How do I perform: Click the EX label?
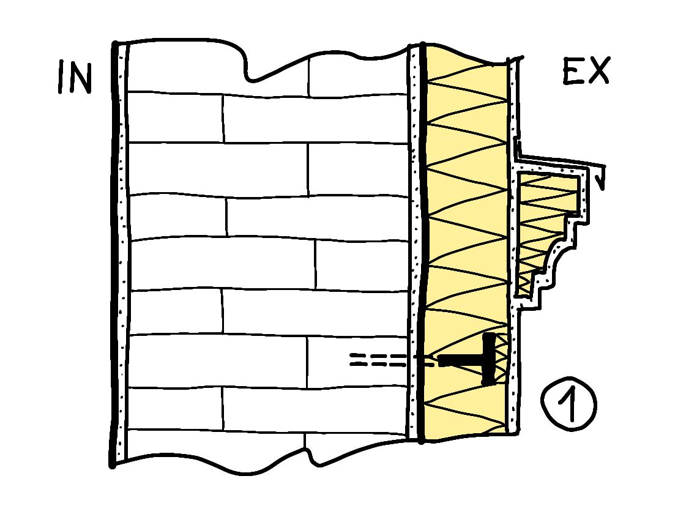tap(586, 72)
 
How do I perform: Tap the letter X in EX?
tap(598, 72)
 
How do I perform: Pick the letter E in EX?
tap(573, 72)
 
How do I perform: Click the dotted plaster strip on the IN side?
tap(121, 245)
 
